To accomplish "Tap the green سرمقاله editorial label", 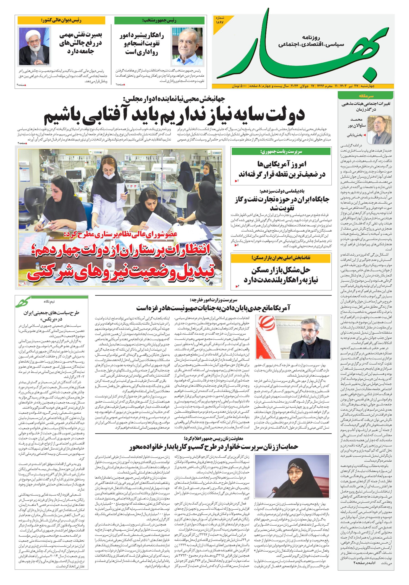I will [x=366, y=96].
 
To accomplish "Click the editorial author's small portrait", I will [x=382, y=129].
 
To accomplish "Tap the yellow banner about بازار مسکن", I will [x=281, y=258].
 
